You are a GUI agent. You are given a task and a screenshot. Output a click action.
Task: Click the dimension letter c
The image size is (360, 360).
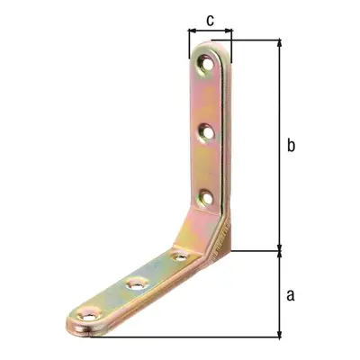point(211,21)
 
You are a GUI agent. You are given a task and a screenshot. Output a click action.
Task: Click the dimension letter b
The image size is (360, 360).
point(291,145)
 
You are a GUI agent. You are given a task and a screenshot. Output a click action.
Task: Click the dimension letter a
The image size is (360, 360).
point(291,295)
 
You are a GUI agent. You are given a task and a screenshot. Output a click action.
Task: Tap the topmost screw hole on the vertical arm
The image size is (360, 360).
point(207,64)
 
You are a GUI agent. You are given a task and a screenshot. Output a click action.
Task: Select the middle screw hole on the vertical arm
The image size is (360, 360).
point(207,132)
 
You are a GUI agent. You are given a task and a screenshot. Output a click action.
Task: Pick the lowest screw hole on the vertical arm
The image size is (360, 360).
point(206,198)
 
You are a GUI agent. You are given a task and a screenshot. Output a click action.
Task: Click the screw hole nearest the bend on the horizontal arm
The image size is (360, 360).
point(181,256)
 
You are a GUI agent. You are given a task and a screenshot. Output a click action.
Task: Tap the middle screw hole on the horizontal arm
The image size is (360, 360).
point(138,283)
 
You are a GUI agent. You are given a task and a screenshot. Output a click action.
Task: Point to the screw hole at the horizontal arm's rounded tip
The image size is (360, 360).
point(88,315)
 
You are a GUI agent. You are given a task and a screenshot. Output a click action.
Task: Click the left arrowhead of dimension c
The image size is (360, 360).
point(192,31)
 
